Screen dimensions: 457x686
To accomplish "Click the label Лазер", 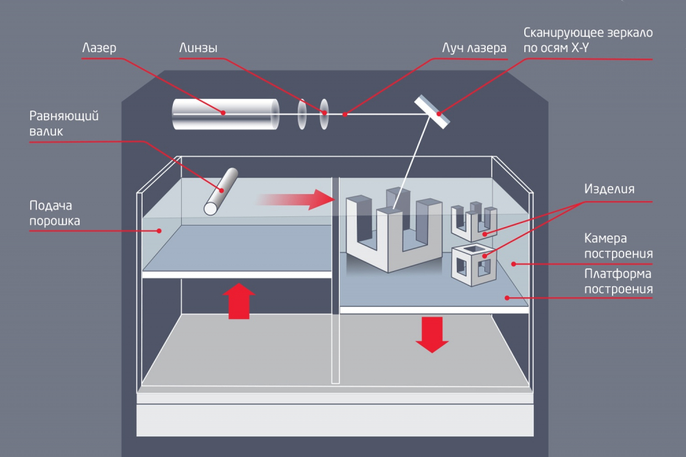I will [x=99, y=49].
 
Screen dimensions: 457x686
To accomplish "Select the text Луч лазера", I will [x=474, y=49].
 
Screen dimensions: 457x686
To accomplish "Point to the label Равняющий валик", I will [x=63, y=123].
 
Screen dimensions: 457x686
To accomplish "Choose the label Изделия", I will [x=609, y=189].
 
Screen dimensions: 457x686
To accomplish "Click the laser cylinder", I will [x=225, y=114].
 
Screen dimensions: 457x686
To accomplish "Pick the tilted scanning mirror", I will [x=431, y=110].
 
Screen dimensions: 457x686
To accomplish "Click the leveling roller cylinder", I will [x=221, y=190].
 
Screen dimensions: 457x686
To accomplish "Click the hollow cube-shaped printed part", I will [x=473, y=263].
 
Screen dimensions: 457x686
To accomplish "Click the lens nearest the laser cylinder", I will [x=301, y=114].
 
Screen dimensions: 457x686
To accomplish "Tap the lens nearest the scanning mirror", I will [x=324, y=114].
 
